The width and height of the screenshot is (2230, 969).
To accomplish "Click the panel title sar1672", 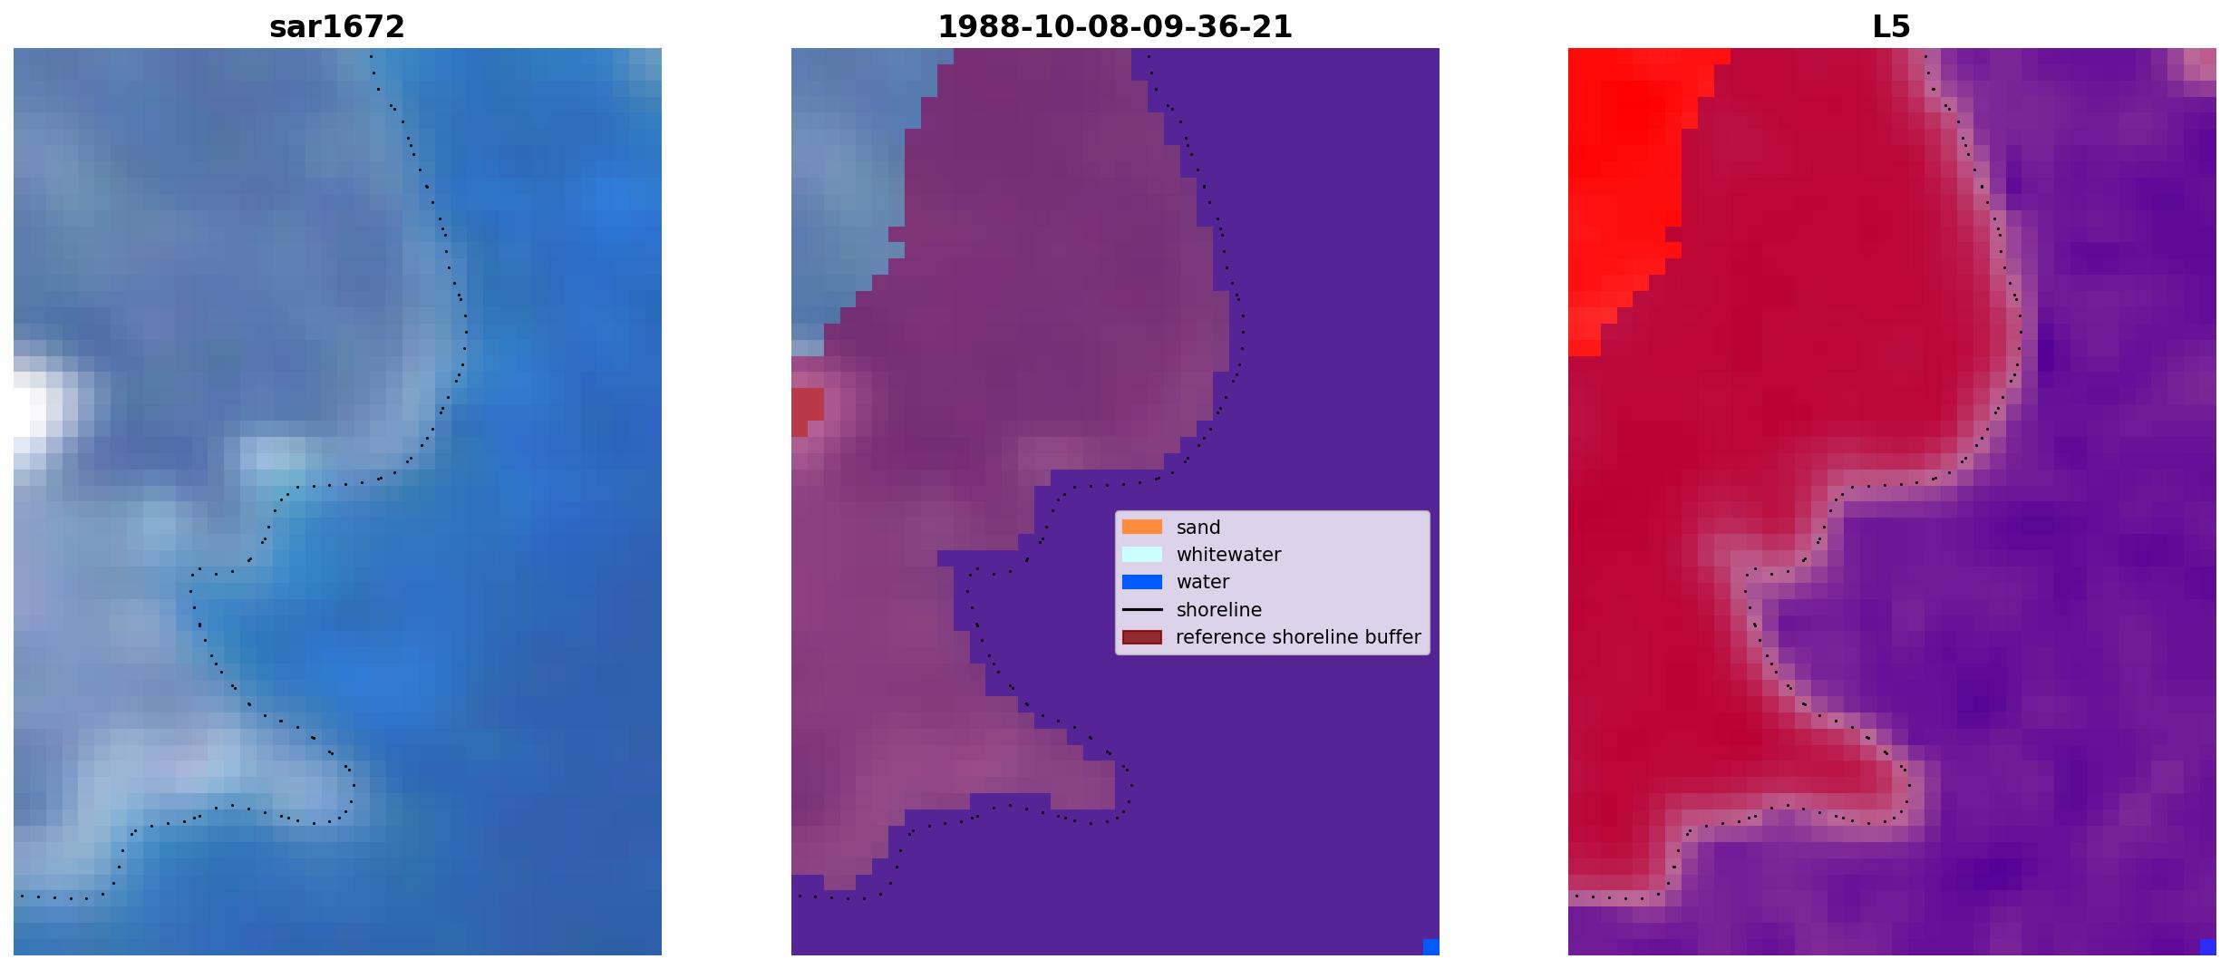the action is click(x=337, y=27).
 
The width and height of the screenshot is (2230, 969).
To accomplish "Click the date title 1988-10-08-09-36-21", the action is click(x=1115, y=27).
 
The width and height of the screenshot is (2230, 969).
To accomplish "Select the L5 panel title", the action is click(x=1892, y=27).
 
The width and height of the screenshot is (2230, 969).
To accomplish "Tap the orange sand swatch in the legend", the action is click(x=1142, y=527).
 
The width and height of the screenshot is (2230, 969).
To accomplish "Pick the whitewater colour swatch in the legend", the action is click(x=1142, y=554).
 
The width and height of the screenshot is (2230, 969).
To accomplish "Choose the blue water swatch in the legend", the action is click(x=1142, y=582).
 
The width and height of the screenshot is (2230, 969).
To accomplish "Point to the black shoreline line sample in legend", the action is click(x=1142, y=610).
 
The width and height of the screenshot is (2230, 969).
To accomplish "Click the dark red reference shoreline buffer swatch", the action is click(x=1142, y=637).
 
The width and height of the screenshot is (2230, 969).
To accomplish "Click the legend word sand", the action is click(x=1198, y=528).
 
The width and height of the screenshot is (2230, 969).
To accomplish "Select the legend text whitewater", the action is click(x=1228, y=555).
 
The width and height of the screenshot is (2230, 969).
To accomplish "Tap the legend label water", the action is click(x=1203, y=582).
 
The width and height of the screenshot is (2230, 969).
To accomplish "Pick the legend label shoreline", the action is click(x=1219, y=610).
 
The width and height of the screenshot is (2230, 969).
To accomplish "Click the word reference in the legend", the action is click(x=1220, y=637).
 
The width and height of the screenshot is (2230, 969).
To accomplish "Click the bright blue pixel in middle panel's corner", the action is click(x=1431, y=946).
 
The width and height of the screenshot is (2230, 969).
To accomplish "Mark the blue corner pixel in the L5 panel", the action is click(x=2208, y=946).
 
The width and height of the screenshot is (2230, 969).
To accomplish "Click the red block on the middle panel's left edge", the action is click(x=807, y=411).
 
